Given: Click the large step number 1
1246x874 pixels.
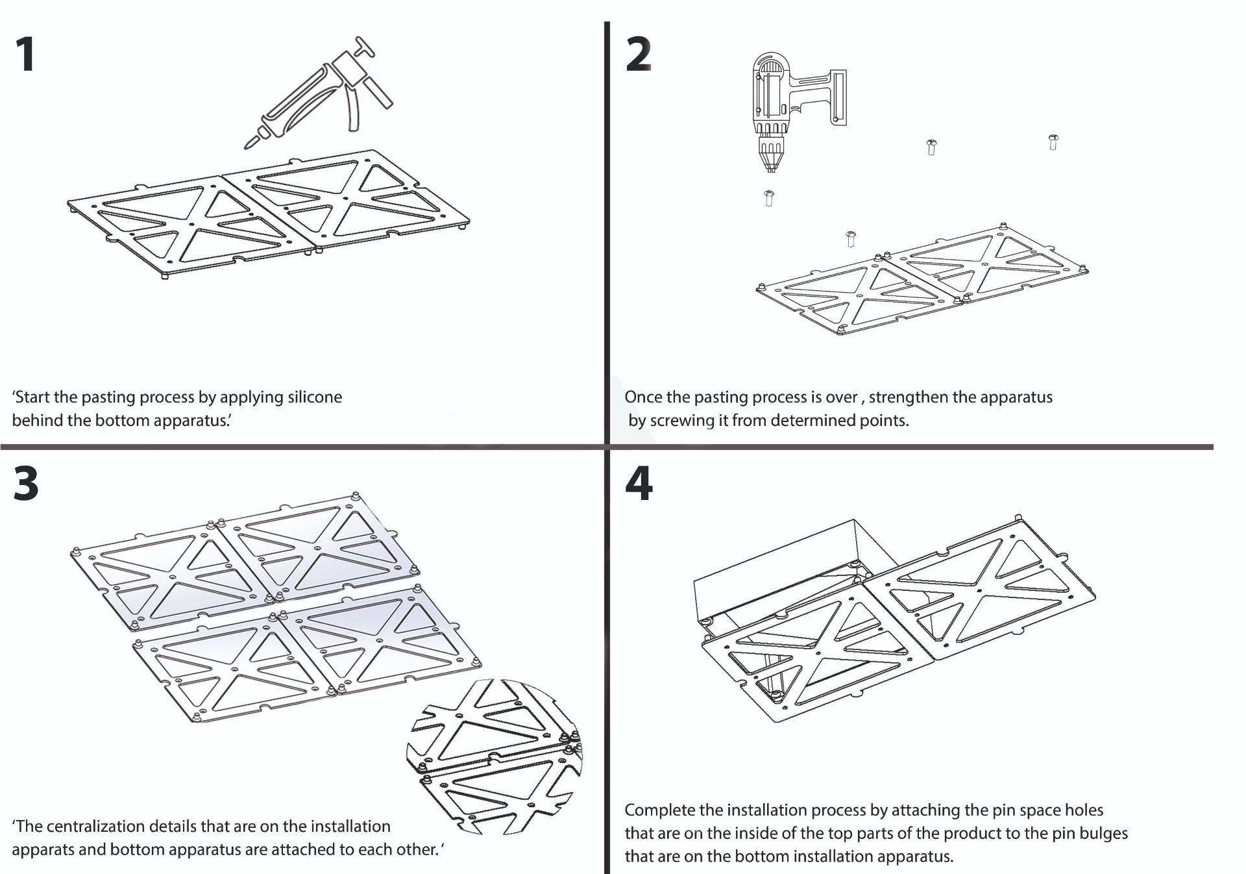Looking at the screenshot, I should pyautogui.click(x=25, y=55).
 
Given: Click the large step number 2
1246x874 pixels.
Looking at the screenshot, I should pyautogui.click(x=639, y=55).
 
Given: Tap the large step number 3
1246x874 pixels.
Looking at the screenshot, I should pyautogui.click(x=26, y=484).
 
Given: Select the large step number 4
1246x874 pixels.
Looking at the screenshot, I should pyautogui.click(x=639, y=484).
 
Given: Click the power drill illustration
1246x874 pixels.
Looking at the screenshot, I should pyautogui.click(x=792, y=104).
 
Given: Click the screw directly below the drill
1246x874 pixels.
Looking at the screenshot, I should pyautogui.click(x=769, y=197).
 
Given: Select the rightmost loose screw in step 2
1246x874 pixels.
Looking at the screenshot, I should pyautogui.click(x=1053, y=142).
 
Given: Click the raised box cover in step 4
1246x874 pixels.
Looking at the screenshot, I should pyautogui.click(x=779, y=571).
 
